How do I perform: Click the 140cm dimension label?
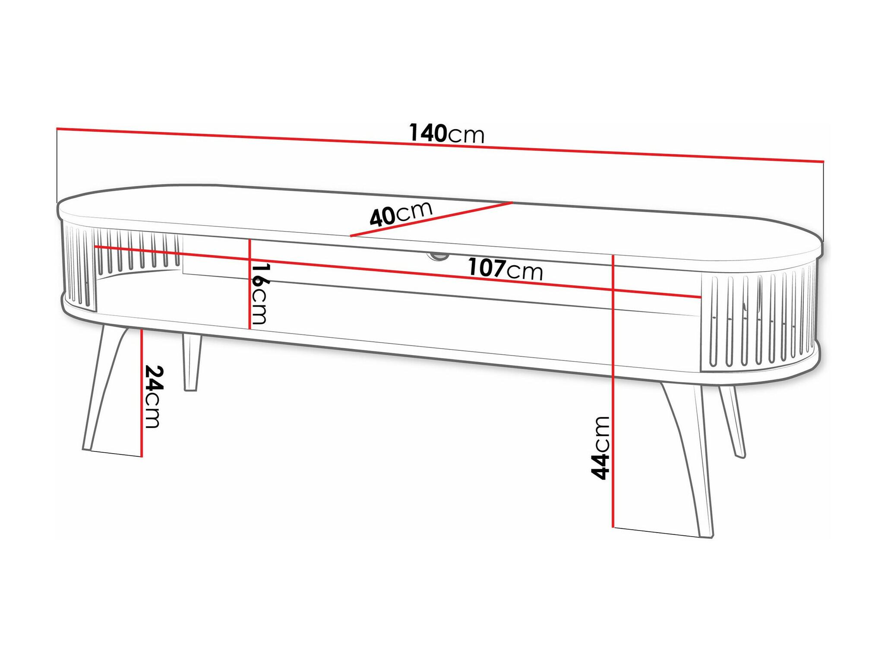point(447,133)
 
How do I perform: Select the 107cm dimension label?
point(506,269)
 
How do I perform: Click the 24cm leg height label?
point(153,397)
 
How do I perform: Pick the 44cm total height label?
point(600,448)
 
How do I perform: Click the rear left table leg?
point(191,362)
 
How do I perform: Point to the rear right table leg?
point(732,421)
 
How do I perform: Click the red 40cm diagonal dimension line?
point(431,219)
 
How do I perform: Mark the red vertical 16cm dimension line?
point(250,284)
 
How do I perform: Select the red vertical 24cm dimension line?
point(142,393)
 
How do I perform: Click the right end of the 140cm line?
point(824,162)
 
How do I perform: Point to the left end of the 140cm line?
point(57,128)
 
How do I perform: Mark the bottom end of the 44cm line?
point(613,527)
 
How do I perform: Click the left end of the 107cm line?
point(95,246)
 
